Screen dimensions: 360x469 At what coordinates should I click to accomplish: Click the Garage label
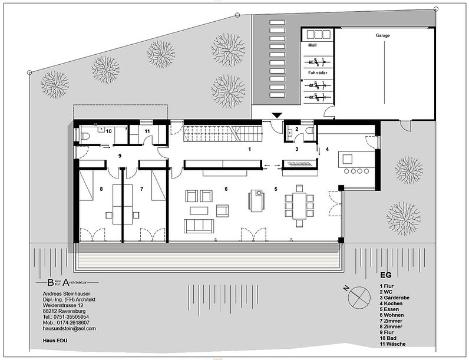[383, 35]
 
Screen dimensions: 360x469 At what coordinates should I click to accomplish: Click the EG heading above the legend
[385, 275]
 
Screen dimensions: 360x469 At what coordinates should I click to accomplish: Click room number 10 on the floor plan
[109, 131]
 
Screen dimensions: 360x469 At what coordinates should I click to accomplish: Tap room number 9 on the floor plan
[120, 156]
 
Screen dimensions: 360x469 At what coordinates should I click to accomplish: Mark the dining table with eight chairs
[296, 203]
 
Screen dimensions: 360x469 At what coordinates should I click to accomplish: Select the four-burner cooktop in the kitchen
[356, 172]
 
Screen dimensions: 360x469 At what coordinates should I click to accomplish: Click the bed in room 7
[158, 184]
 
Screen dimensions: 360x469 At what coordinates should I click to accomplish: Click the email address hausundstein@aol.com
[69, 328]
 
